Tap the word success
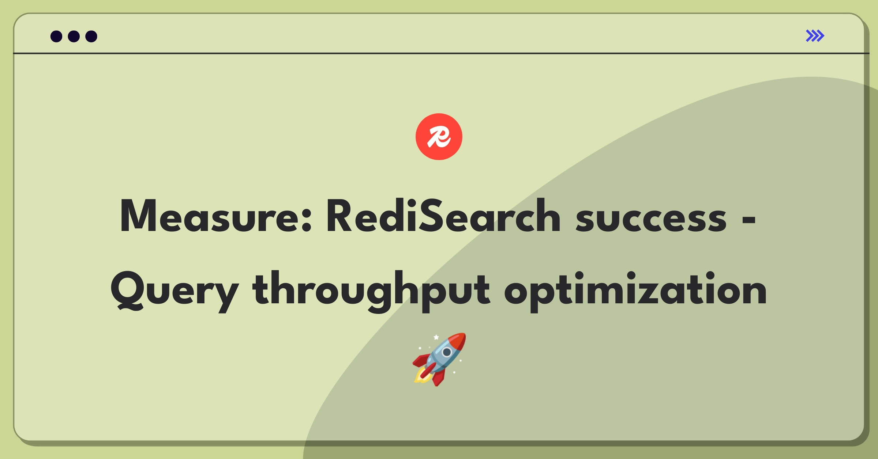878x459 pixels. tap(651, 219)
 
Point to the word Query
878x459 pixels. tap(175, 292)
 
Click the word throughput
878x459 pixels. tap(371, 292)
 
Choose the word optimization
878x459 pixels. tap(635, 292)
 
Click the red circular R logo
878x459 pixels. tap(439, 137)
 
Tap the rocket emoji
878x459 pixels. tap(439, 359)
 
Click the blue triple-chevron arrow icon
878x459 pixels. tap(815, 36)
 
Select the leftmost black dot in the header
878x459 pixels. tap(56, 36)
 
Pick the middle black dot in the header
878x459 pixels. tap(74, 36)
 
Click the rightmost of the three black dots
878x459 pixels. tap(91, 36)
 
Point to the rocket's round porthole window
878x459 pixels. tap(447, 352)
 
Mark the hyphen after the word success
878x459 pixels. tap(749, 220)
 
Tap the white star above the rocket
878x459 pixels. tap(436, 337)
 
